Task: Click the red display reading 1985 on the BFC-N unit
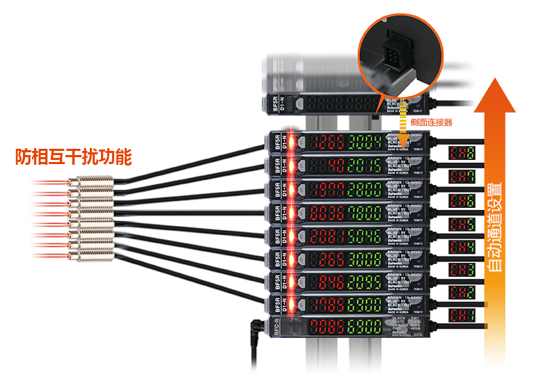[x=327, y=328]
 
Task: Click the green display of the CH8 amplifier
[x=365, y=143]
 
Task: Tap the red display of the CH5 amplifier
[x=327, y=212]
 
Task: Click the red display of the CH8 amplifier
[x=327, y=143]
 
